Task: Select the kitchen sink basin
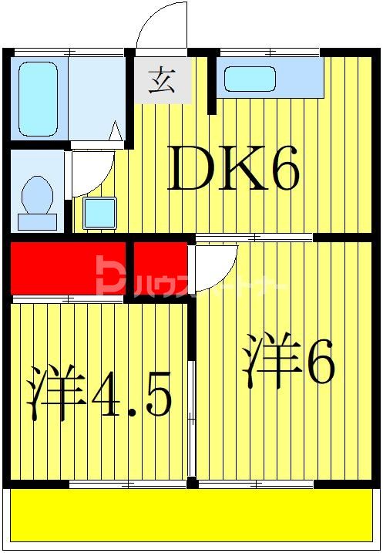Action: point(249,79)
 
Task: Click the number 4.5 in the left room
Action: point(130,394)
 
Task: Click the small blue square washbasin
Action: point(99,212)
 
